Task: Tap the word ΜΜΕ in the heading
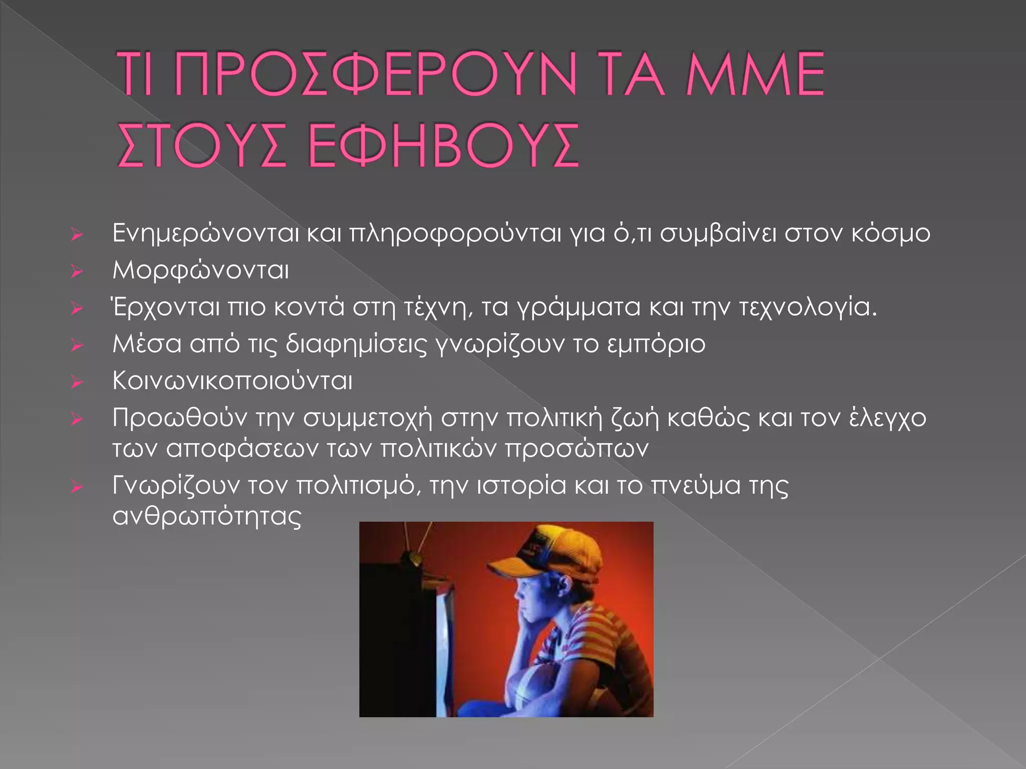point(755,74)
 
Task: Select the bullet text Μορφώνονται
point(200,271)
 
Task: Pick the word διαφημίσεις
point(356,344)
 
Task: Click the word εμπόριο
point(656,344)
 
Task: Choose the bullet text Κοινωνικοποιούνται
point(232,381)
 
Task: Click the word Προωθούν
point(179,418)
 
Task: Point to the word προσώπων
point(577,448)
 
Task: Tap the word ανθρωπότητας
point(206,516)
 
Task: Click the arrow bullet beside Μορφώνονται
point(76,271)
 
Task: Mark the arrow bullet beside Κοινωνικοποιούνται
point(76,382)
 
